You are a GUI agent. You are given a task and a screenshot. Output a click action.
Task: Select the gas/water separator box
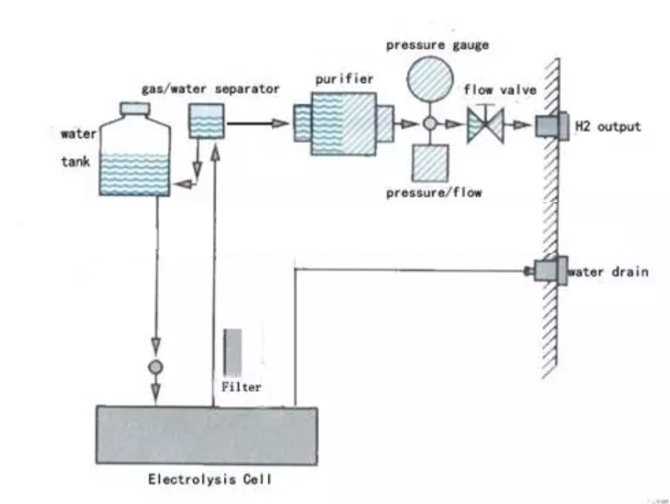207,120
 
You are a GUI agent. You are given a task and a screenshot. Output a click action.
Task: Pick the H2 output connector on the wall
551,126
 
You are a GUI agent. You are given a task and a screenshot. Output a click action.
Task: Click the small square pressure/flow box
430,163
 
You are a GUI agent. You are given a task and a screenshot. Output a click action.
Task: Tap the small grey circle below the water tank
155,365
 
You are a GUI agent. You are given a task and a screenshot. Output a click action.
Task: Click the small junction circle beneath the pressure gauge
430,125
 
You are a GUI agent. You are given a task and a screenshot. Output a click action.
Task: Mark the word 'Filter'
241,387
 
